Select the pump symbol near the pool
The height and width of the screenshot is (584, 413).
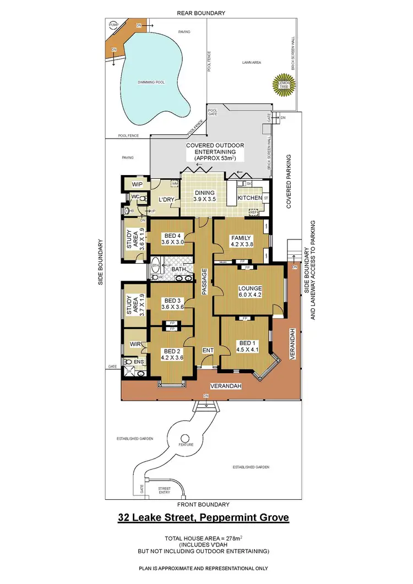point(114,25)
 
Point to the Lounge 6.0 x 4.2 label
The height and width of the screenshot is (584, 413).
point(249,292)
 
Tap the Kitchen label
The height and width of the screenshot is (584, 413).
point(249,198)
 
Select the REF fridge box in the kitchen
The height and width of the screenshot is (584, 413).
point(254,212)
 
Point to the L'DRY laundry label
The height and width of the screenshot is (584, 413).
point(166,200)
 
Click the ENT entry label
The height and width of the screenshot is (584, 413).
point(208,350)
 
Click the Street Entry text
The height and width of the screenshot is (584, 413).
point(164,490)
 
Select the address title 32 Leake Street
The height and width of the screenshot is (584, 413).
point(204,517)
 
